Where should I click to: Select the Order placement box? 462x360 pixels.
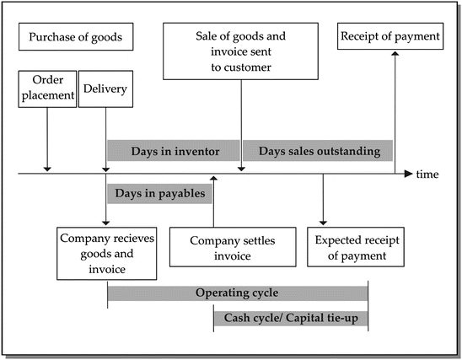point(46,89)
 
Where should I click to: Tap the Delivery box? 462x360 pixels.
point(105,89)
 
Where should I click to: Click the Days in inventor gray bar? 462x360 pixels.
point(175,152)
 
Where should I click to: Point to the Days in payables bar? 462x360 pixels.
point(160,193)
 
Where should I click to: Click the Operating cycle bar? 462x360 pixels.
point(237,293)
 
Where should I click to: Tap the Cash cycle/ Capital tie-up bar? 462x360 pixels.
point(290,317)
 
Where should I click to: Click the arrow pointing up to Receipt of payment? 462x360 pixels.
point(395,110)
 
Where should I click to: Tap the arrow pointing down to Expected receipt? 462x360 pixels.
point(323,202)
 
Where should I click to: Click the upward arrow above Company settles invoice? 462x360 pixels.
point(214,202)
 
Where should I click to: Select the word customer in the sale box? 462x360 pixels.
point(250,67)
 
